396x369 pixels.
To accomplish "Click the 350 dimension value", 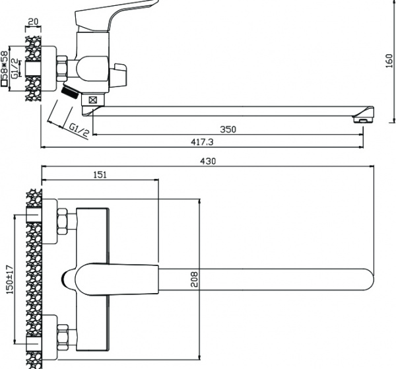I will point(228,129).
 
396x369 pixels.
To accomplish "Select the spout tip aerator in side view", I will point(363,119).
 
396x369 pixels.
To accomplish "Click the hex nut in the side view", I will point(65,66).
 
